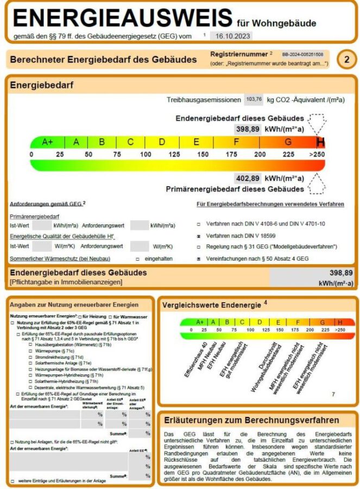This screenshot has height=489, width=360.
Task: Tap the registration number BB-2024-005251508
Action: click(302, 55)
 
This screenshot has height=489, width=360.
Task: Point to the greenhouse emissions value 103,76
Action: click(254, 99)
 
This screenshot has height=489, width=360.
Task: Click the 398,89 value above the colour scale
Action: click(248, 129)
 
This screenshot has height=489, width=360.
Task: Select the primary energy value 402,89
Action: click(248, 178)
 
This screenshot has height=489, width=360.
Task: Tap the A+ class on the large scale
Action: click(48, 142)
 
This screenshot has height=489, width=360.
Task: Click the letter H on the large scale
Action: click(321, 142)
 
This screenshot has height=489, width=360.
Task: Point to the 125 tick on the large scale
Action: click(174, 154)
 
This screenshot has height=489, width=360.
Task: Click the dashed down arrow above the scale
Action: click(317, 122)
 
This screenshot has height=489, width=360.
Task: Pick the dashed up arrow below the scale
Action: click(317, 186)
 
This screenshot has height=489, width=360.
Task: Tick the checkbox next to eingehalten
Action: click(137, 259)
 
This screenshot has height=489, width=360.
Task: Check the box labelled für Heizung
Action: click(79, 316)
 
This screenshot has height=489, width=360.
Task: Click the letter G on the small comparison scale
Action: click(323, 322)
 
